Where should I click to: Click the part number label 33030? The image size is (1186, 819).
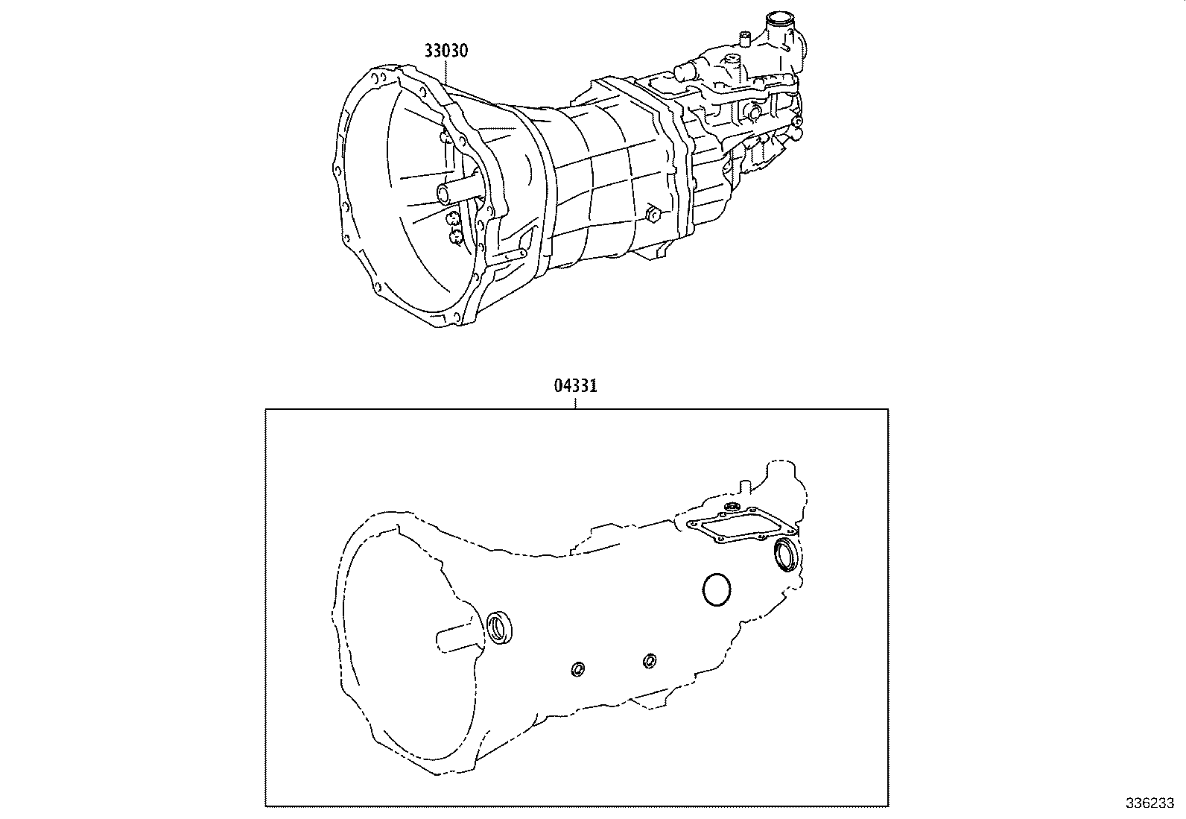pyautogui.click(x=445, y=51)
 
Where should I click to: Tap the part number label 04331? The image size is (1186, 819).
pyautogui.click(x=576, y=386)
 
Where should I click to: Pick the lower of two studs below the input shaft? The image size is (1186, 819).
pyautogui.click(x=456, y=236)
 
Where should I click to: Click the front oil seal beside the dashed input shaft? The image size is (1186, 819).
pyautogui.click(x=500, y=626)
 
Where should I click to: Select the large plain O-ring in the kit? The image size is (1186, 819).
pyautogui.click(x=717, y=590)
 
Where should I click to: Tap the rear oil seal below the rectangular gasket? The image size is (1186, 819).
pyautogui.click(x=786, y=556)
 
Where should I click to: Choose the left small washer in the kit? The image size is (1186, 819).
pyautogui.click(x=577, y=669)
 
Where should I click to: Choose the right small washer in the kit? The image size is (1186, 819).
pyautogui.click(x=650, y=660)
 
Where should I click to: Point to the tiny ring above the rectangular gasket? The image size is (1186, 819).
pyautogui.click(x=731, y=507)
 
